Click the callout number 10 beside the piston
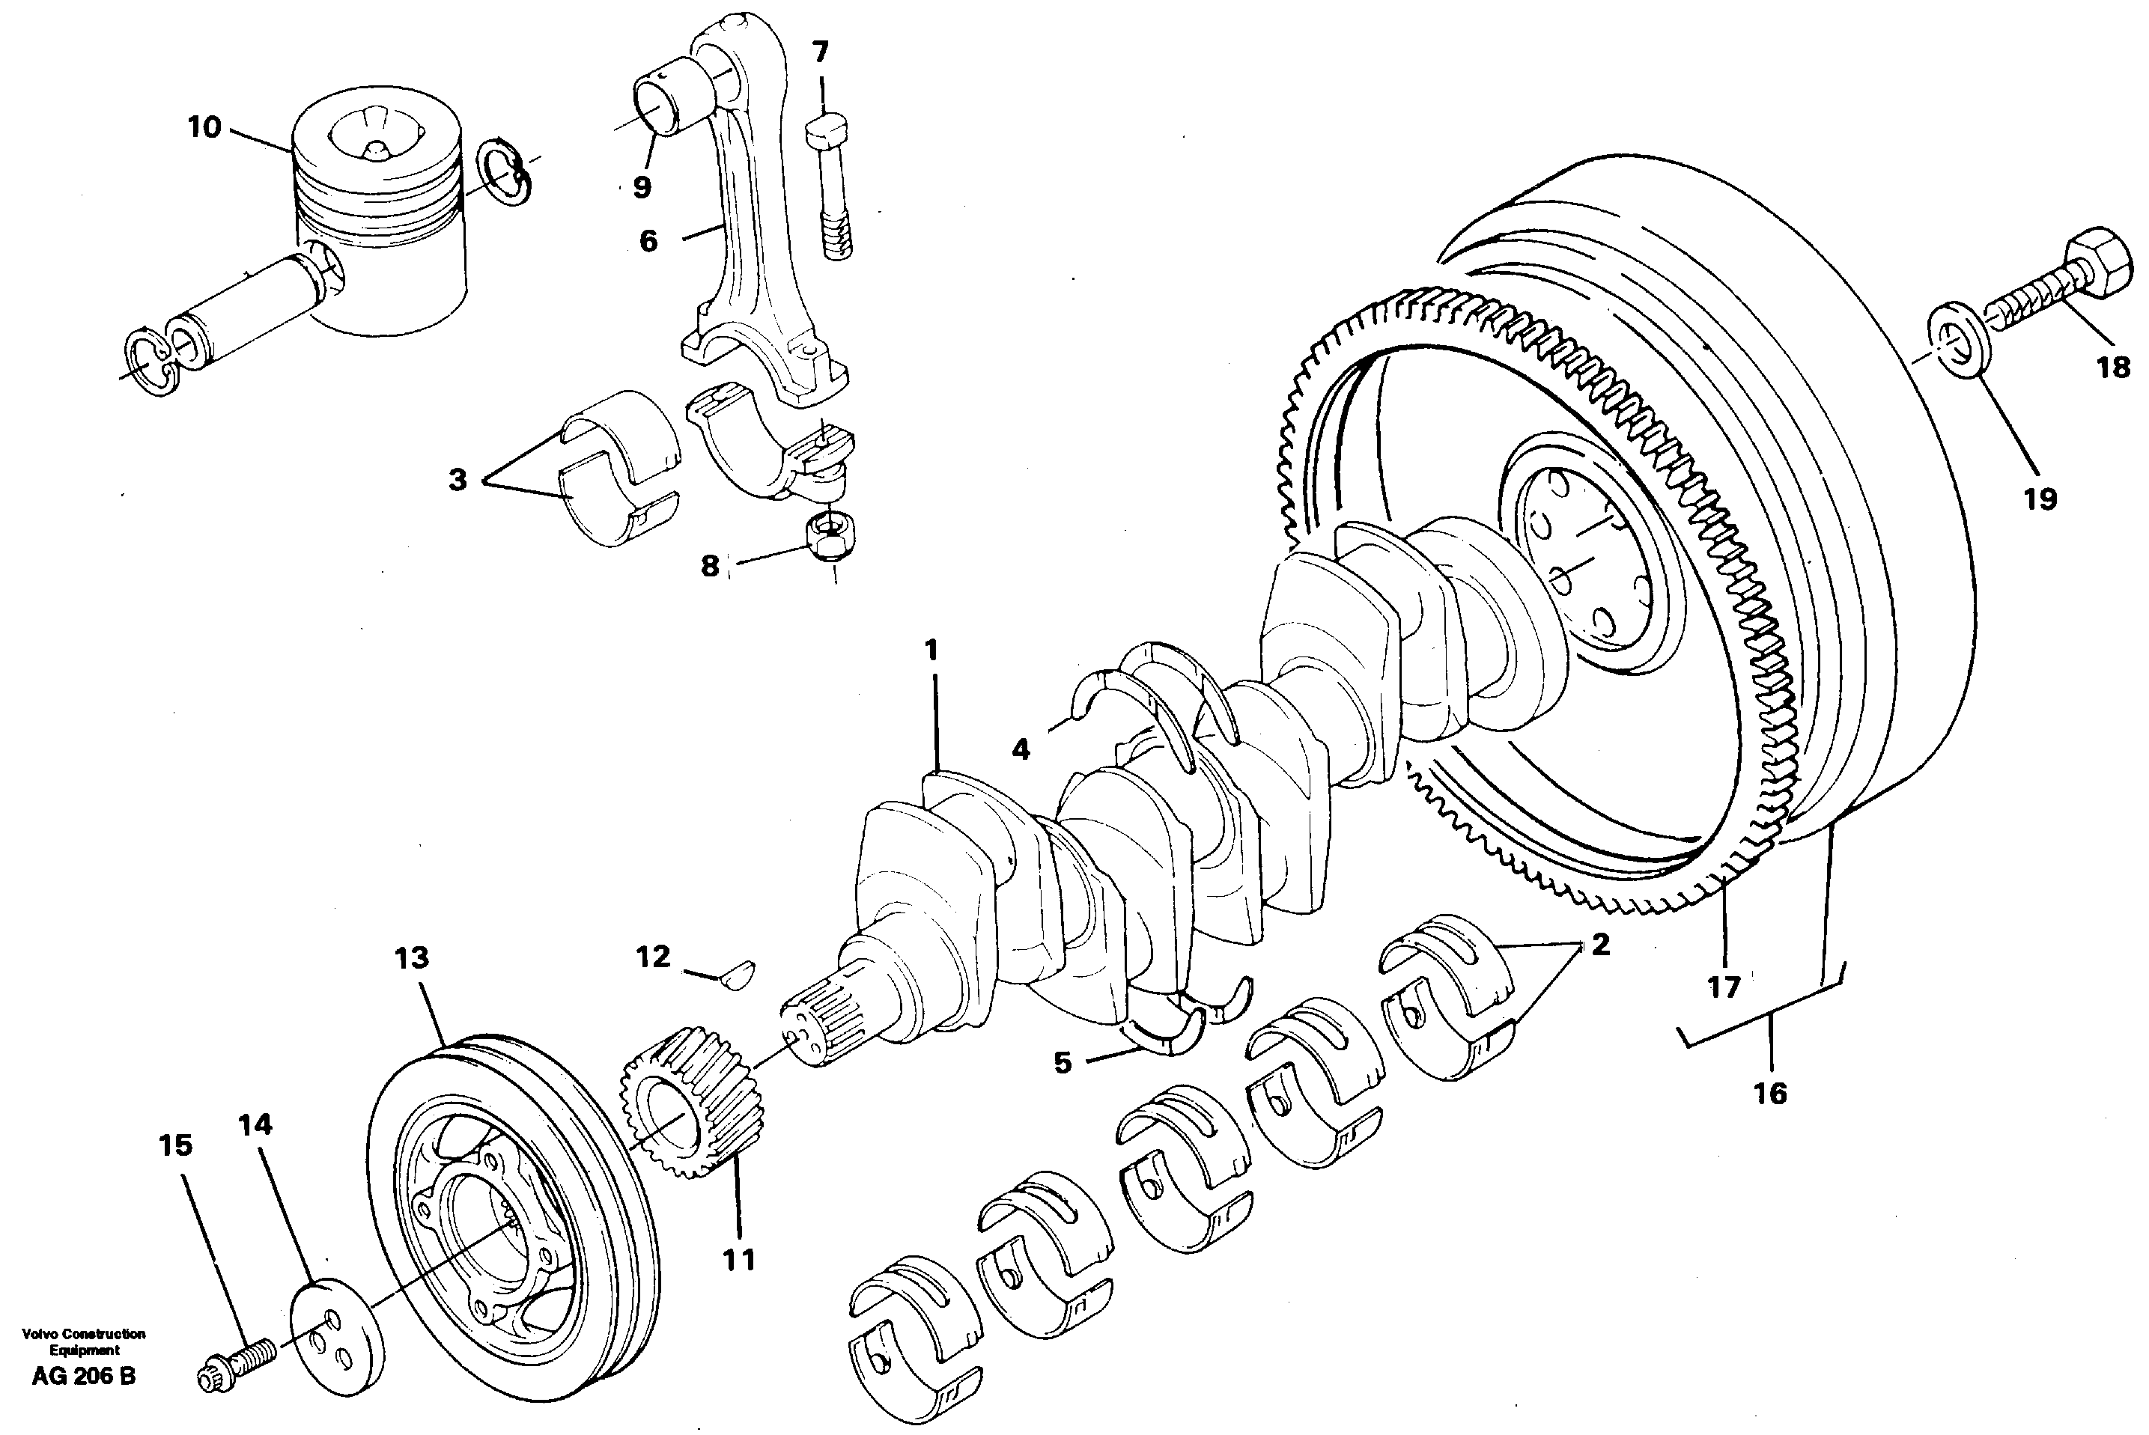204,127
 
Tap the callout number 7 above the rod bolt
820,52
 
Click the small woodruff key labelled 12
738,974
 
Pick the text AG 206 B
83,1376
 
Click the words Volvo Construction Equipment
83,1341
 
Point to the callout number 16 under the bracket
1769,1093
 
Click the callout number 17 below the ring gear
1724,987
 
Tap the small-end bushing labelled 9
670,106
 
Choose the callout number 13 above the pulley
411,957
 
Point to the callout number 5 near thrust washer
1062,1062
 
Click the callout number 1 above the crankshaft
931,651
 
